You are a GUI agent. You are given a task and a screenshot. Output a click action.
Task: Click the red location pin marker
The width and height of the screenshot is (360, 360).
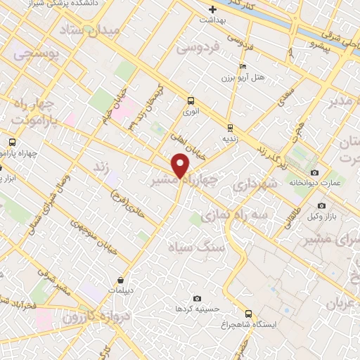pyautogui.click(x=181, y=166)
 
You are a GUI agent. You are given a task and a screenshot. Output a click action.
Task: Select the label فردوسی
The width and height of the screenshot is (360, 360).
pyautogui.click(x=198, y=47)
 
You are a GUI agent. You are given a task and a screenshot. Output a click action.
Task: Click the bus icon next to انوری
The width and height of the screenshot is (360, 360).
pyautogui.click(x=191, y=100)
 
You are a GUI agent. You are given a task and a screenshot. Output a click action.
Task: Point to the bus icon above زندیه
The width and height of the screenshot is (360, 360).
pyautogui.click(x=229, y=127)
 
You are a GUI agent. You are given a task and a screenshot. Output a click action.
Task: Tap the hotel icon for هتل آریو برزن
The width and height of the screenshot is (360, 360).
pyautogui.click(x=243, y=66)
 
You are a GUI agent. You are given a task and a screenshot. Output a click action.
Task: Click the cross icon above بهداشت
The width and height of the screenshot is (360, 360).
pyautogui.click(x=213, y=9)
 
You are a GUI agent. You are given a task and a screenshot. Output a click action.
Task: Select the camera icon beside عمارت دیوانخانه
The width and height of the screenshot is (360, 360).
pyautogui.click(x=314, y=173)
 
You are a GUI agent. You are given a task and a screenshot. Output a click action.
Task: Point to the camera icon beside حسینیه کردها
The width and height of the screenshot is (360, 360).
pyautogui.click(x=196, y=298)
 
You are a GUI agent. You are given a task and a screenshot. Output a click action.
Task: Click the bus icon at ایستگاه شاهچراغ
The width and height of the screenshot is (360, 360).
pyautogui.click(x=247, y=314)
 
